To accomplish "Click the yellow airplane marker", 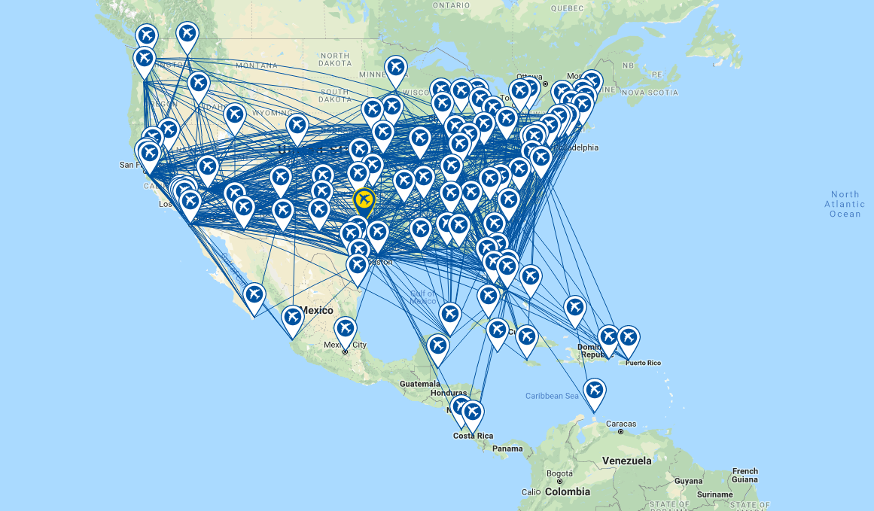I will [364, 199].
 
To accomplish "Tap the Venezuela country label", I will [626, 461].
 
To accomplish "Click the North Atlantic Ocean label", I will [845, 204].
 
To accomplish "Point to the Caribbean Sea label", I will [552, 396].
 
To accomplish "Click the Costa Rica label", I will [473, 436].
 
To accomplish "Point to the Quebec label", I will [567, 8].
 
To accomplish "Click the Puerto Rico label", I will [643, 363].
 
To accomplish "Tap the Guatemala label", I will [419, 383].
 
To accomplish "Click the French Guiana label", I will [745, 475].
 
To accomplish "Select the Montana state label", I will [256, 65].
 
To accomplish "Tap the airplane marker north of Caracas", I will [595, 390].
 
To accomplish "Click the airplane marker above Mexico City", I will [345, 328].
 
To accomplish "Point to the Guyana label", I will [687, 480].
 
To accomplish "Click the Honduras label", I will [449, 393].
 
